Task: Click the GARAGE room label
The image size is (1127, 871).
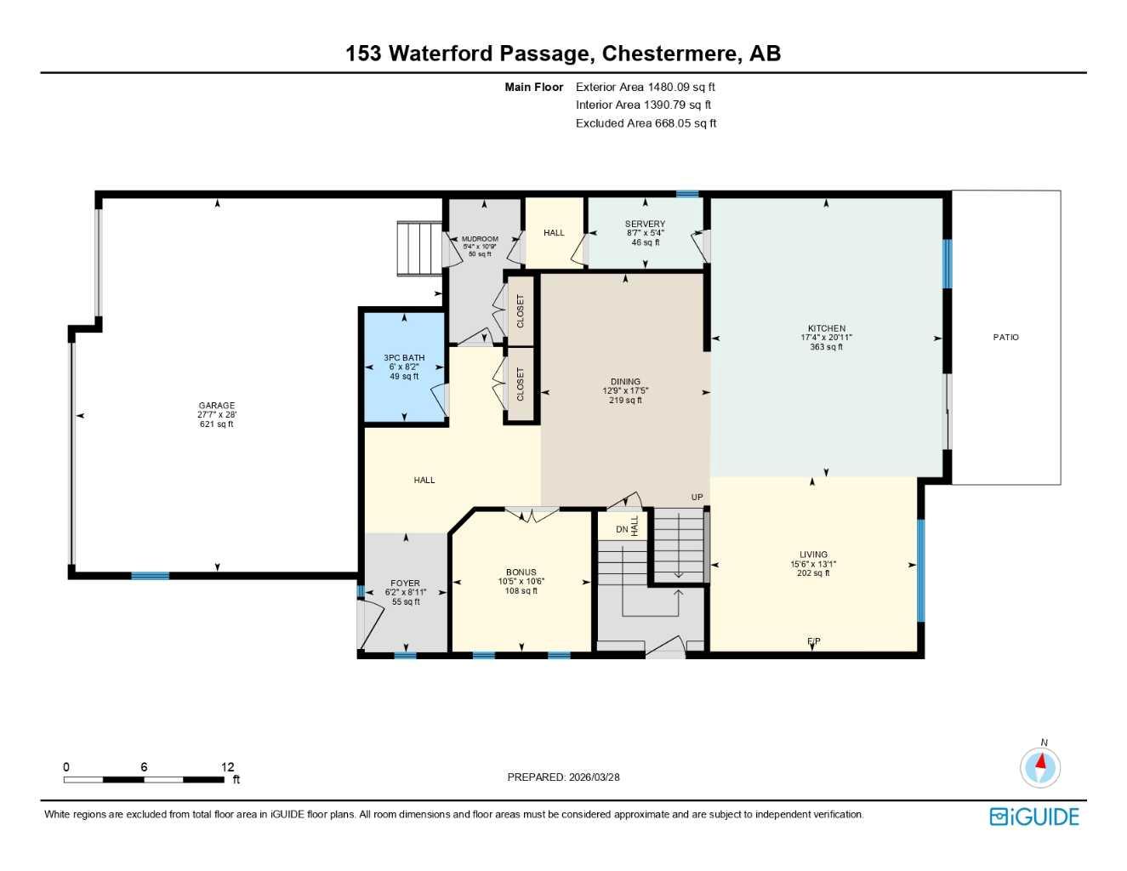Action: pyautogui.click(x=217, y=406)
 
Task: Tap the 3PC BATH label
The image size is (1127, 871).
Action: pyautogui.click(x=404, y=358)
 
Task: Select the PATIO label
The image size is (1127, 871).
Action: pyautogui.click(x=1005, y=337)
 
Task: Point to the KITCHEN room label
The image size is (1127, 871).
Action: pyautogui.click(x=826, y=328)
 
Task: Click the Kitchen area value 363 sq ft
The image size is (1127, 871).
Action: pyautogui.click(x=826, y=347)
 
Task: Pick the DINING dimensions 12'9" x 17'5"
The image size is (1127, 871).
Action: pyautogui.click(x=625, y=391)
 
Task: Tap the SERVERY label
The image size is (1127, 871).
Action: pyautogui.click(x=645, y=224)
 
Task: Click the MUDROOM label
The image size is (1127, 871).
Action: pyautogui.click(x=480, y=239)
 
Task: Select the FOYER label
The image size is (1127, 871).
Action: pyautogui.click(x=406, y=584)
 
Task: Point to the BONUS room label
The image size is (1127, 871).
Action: pyautogui.click(x=521, y=572)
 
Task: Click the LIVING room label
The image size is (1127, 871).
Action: pyautogui.click(x=813, y=555)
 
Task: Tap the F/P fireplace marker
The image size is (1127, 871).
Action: pyautogui.click(x=814, y=641)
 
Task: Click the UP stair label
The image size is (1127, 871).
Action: pyautogui.click(x=697, y=498)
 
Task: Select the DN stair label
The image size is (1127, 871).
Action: pyautogui.click(x=622, y=529)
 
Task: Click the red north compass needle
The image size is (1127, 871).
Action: pyautogui.click(x=1040, y=761)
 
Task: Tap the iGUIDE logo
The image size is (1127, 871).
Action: pyautogui.click(x=1034, y=817)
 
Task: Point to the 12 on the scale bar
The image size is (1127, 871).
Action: pyautogui.click(x=228, y=766)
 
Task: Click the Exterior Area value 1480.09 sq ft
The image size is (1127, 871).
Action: pyautogui.click(x=681, y=87)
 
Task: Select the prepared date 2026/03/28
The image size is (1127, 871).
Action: pyautogui.click(x=595, y=777)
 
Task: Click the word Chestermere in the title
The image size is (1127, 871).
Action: pyautogui.click(x=669, y=54)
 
